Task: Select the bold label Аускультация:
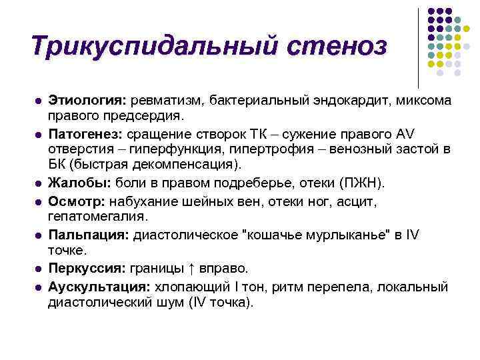pyautogui.click(x=99, y=286)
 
